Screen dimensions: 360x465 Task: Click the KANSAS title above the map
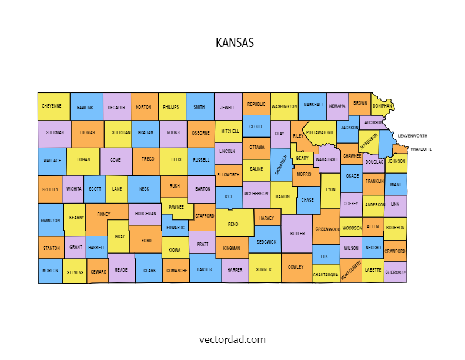click(235, 43)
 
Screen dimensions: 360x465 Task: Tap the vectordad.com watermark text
click(232, 339)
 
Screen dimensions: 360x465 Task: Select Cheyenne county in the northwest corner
click(52, 106)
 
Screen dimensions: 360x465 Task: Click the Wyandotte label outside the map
click(421, 149)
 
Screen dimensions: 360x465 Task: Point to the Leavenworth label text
click(412, 136)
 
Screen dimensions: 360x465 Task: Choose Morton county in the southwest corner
click(51, 271)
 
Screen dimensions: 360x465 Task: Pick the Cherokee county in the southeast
click(396, 272)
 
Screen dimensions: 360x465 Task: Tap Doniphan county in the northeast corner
click(382, 106)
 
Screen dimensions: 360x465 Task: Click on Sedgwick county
click(266, 242)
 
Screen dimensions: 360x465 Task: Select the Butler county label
click(297, 233)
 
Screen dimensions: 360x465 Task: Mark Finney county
click(103, 214)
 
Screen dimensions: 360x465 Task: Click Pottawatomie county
click(320, 132)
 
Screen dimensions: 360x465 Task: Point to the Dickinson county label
click(282, 165)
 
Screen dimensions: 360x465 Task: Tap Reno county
click(233, 224)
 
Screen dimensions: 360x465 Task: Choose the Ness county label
click(143, 189)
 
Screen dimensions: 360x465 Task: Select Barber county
click(205, 269)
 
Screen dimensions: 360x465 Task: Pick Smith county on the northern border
click(199, 107)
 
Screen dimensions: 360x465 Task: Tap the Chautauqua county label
click(326, 275)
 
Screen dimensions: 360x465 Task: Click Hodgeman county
click(145, 214)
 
